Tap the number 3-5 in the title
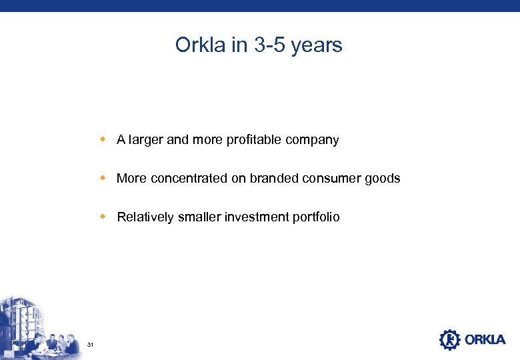pos(265,45)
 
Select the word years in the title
pos(317,45)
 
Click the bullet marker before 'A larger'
pos(103,139)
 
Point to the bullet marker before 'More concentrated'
pos(103,178)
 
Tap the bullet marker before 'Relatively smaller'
pos(103,217)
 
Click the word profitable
pos(255,140)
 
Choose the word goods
pos(384,179)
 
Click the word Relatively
pos(145,217)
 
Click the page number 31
pos(90,344)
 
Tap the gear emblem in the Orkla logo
pos(449,339)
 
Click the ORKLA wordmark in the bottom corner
pos(485,340)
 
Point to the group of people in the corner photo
pos(50,341)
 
